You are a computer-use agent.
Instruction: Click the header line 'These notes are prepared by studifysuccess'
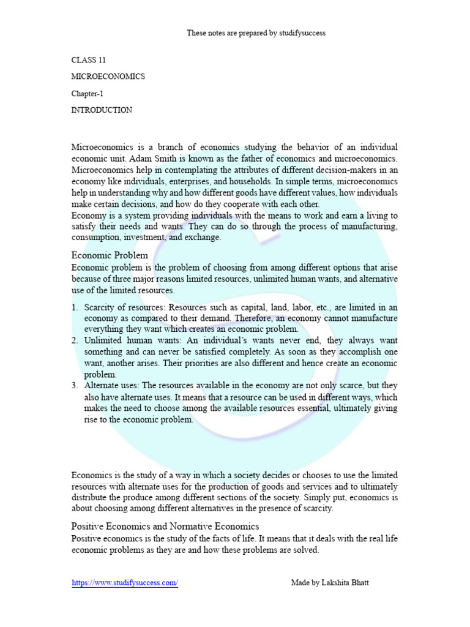[x=256, y=33]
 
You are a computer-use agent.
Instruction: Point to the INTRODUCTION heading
[x=102, y=110]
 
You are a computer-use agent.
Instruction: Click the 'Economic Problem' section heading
[x=110, y=255]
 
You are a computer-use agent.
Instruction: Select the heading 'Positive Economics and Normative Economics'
[x=165, y=527]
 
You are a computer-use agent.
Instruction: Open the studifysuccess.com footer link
[x=125, y=584]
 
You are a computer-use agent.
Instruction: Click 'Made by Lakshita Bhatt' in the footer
[x=330, y=584]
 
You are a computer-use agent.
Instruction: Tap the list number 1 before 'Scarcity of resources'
[x=75, y=307]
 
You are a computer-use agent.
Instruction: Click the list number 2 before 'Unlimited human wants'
[x=75, y=340]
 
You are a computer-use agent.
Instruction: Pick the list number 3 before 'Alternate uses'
[x=75, y=385]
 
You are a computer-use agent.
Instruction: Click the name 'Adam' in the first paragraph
[x=140, y=159]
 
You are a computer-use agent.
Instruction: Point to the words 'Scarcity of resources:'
[x=125, y=307]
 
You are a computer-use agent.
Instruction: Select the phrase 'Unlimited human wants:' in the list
[x=127, y=340]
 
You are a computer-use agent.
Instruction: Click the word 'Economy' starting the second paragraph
[x=89, y=215]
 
